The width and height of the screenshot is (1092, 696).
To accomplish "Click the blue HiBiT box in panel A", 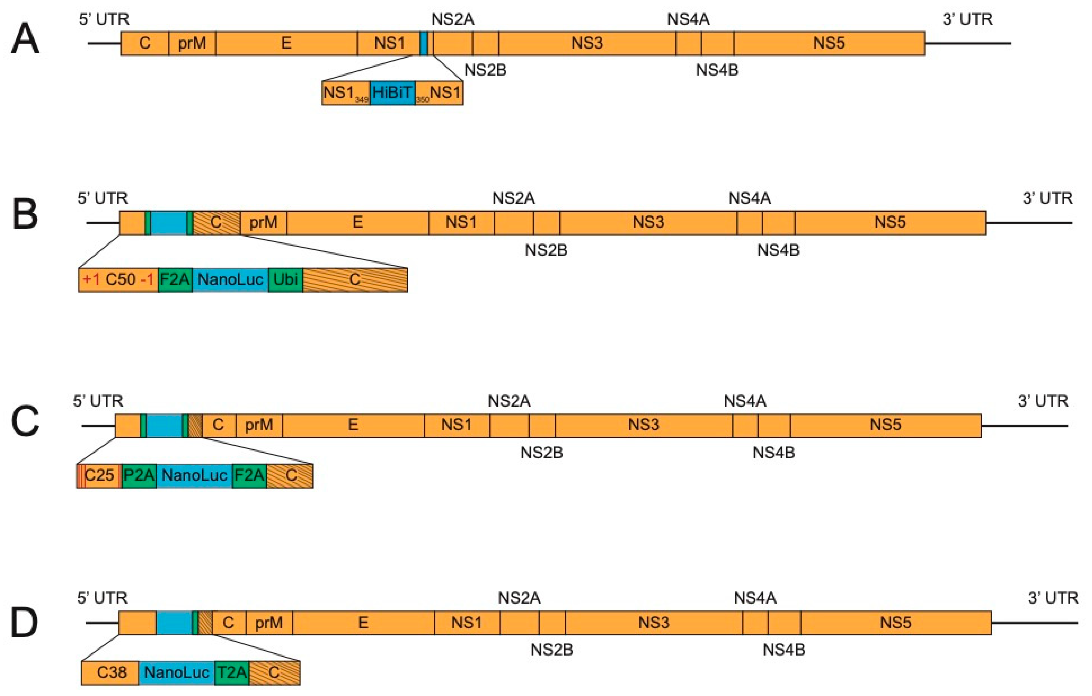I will pyautogui.click(x=392, y=92).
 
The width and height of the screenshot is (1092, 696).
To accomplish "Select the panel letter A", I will pyautogui.click(x=25, y=40).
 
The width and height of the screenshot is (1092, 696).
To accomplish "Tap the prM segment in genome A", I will pyautogui.click(x=192, y=43).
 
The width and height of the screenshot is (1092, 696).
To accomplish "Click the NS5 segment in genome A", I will pyautogui.click(x=829, y=43).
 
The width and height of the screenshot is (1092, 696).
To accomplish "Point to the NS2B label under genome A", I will pyautogui.click(x=485, y=70).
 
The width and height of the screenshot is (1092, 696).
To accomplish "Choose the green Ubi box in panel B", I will pyautogui.click(x=285, y=279).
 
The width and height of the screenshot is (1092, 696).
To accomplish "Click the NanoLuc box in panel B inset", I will pyautogui.click(x=230, y=279).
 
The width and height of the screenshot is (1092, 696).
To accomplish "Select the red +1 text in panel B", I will pyautogui.click(x=91, y=279).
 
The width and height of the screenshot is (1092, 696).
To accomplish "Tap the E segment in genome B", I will pyautogui.click(x=357, y=223).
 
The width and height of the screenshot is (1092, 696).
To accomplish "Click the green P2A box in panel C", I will pyautogui.click(x=139, y=475).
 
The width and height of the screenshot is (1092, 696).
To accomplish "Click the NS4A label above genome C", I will pyautogui.click(x=745, y=401).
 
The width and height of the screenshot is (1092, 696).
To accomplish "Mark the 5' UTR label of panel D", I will pyautogui.click(x=102, y=598).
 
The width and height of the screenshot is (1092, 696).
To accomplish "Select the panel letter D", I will pyautogui.click(x=24, y=623).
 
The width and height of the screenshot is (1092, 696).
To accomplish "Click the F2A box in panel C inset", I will pyautogui.click(x=249, y=475).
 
